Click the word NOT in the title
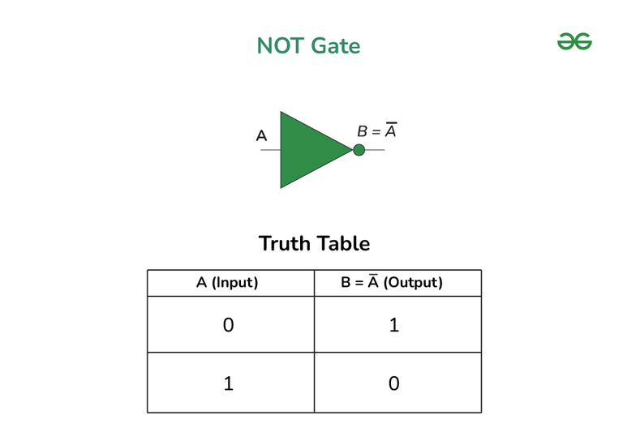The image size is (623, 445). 281,45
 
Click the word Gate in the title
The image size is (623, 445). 336,45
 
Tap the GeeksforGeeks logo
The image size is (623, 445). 574,41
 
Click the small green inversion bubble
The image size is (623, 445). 359,150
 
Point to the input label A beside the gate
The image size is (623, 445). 261,135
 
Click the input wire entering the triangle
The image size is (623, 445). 271,150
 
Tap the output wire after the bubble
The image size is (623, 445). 375,150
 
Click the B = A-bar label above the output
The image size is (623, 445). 377,131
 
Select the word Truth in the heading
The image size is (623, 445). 284,243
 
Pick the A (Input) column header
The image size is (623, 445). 227,283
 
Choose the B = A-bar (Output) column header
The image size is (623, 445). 392,282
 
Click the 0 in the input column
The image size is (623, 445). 229,325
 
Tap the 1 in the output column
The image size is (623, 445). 393,325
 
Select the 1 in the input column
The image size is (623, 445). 229,383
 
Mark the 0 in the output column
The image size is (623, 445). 393,383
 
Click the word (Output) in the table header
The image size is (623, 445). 413,283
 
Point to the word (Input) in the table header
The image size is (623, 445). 234,283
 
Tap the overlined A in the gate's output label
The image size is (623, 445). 391,131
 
